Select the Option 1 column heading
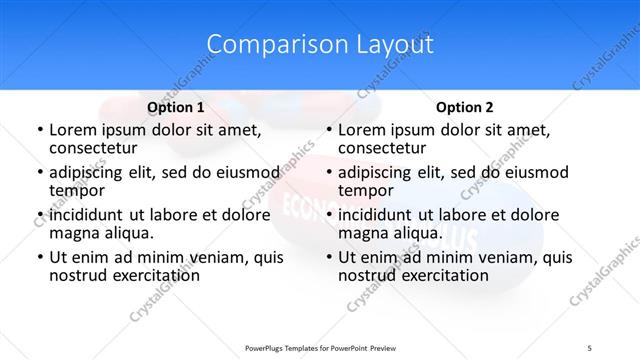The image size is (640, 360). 175,106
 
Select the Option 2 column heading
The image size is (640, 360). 464,106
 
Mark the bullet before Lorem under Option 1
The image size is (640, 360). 38,130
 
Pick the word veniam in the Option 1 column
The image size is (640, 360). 222,257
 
